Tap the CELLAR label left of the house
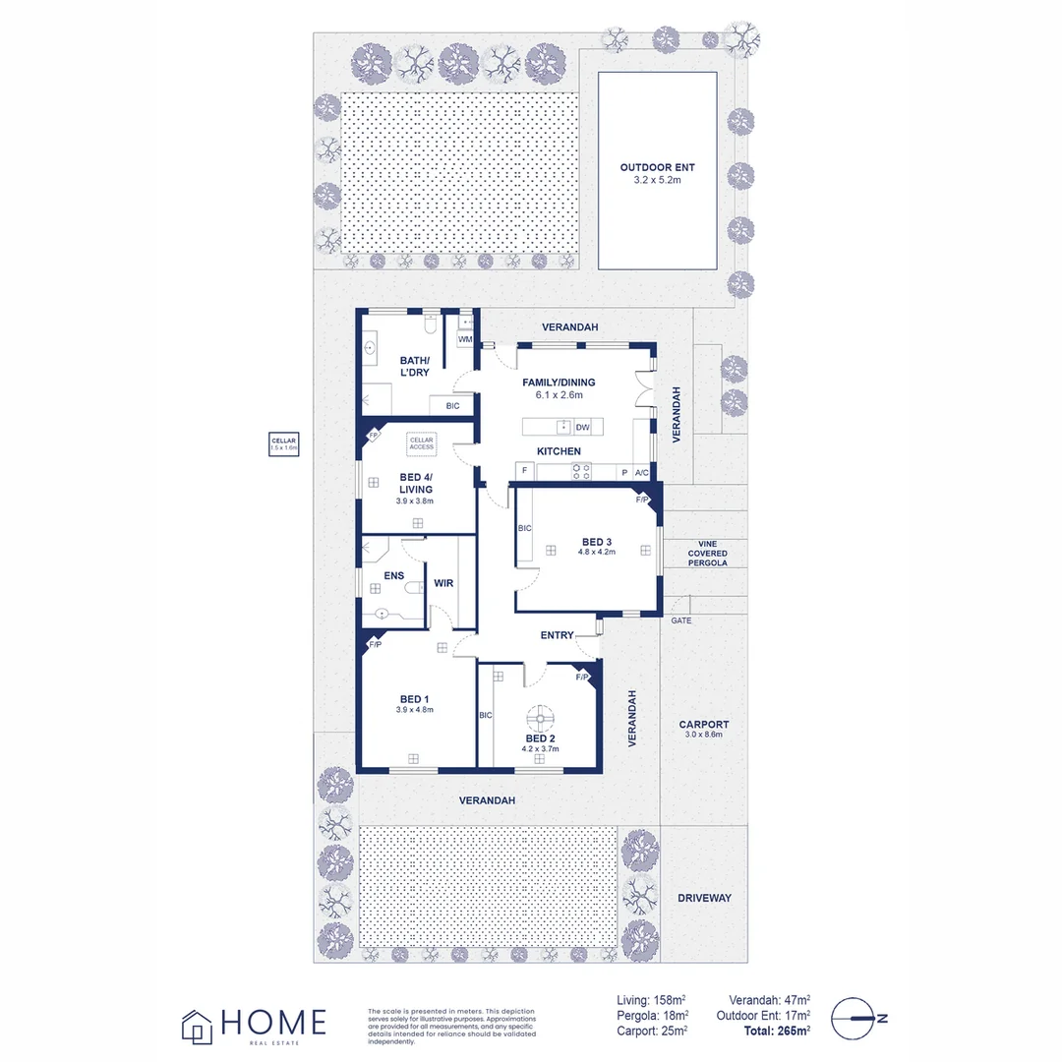[284, 443]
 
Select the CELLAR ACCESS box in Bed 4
[422, 443]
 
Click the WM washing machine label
[464, 339]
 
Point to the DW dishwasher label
[582, 427]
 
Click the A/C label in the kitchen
[642, 472]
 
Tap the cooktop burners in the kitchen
[580, 472]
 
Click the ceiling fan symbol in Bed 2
[541, 715]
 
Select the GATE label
[680, 620]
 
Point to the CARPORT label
[702, 725]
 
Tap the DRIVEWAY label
[705, 898]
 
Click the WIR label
[443, 583]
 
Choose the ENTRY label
[557, 635]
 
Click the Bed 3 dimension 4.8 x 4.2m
[597, 553]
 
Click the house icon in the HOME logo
[197, 1026]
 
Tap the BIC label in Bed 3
[525, 528]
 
